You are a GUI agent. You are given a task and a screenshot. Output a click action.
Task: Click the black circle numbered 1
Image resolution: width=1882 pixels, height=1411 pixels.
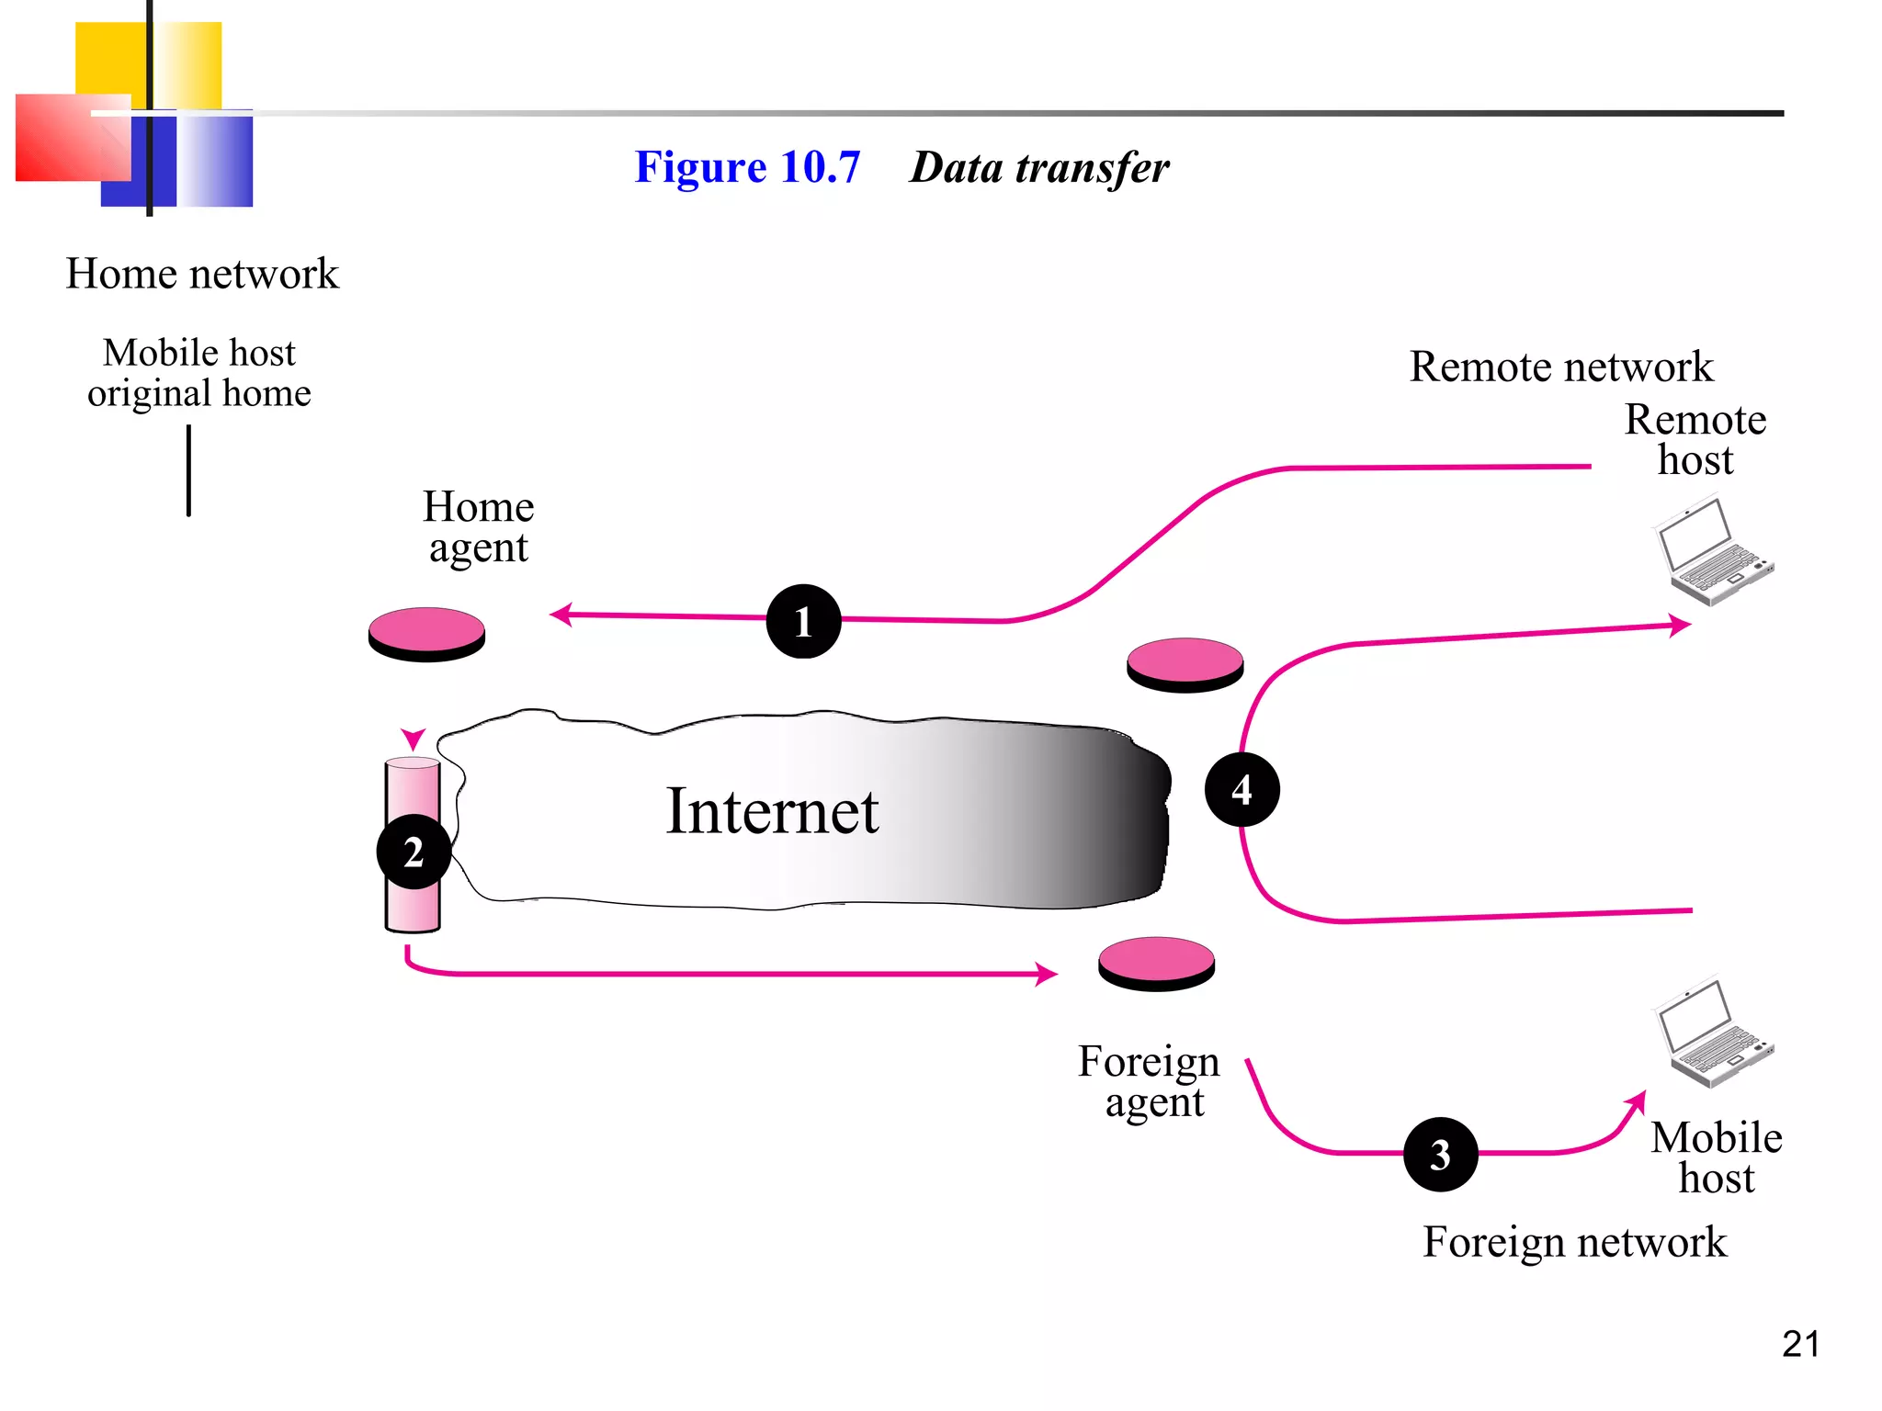pos(803,621)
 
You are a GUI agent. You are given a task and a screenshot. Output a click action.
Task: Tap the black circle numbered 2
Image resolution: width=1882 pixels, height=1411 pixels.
pos(414,852)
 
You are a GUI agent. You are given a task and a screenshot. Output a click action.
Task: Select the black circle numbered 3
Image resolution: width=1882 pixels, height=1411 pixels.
pos(1440,1154)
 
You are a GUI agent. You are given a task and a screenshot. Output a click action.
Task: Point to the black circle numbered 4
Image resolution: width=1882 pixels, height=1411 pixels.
pos(1241,789)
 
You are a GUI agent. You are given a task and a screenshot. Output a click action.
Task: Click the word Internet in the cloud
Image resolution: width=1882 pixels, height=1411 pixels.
pos(772,811)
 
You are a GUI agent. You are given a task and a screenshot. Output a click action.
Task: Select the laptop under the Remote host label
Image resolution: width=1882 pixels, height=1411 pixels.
pos(1715,551)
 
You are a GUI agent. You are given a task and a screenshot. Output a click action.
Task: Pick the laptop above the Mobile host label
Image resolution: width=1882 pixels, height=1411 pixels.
pos(1715,1033)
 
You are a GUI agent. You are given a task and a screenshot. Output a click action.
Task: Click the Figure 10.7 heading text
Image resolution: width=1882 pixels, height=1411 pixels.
pos(747,167)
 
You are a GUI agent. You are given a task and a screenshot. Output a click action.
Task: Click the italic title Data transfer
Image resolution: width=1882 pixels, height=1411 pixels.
pos(1039,167)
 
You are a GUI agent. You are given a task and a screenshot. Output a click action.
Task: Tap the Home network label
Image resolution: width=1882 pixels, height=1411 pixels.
pos(202,274)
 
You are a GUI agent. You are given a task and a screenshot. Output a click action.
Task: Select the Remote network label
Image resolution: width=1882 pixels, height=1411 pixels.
pos(1560,367)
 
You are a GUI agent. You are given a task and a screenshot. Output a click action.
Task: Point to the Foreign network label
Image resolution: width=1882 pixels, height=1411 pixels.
pos(1574,1242)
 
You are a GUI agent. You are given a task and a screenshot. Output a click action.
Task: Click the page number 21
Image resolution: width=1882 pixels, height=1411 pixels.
pos(1800,1344)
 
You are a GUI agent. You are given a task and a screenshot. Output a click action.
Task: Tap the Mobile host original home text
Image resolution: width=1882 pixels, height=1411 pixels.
pos(199,373)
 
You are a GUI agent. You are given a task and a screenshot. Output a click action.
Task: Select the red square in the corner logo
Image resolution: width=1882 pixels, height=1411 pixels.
pos(64,138)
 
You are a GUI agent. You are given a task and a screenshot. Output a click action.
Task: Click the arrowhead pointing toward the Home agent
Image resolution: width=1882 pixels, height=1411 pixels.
pos(561,615)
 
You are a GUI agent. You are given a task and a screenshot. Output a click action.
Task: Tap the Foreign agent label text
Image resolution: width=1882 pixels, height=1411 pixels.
pos(1149,1081)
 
